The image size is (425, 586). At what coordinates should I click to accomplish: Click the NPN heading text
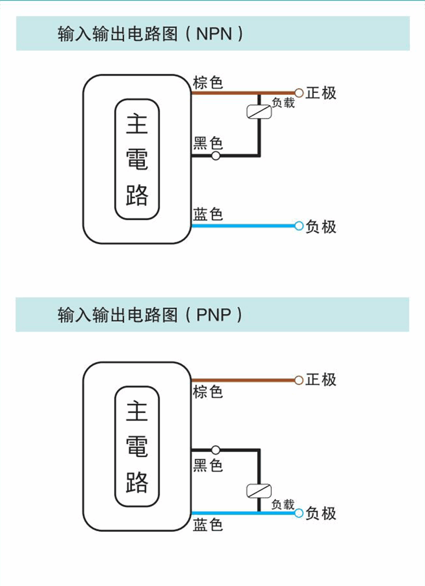coord(150,34)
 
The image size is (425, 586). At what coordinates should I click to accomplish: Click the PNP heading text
coord(150,315)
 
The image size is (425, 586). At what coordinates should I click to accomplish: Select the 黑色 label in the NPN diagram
coord(208,143)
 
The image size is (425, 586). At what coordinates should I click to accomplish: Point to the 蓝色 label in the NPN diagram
coord(208,214)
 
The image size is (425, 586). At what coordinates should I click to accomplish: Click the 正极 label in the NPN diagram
coord(321,93)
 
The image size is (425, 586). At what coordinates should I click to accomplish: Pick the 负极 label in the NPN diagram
coord(321,226)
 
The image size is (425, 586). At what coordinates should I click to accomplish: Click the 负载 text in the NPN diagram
coord(283,103)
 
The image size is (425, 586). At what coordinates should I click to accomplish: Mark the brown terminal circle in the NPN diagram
coord(299,92)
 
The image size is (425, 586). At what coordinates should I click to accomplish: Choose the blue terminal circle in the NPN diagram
coord(299,226)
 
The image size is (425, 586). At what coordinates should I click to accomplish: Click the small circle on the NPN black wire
coord(216,156)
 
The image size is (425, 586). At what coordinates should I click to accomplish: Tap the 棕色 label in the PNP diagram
coord(208,391)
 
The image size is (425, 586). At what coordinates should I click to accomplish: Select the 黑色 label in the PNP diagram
coord(208,465)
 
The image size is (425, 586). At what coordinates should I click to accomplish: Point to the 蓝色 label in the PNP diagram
coord(208,524)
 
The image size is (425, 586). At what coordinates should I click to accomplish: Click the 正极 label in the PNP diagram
coord(321,380)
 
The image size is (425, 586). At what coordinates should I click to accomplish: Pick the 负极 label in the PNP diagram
coord(321,513)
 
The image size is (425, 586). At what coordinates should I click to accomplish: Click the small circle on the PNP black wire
coord(216,450)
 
